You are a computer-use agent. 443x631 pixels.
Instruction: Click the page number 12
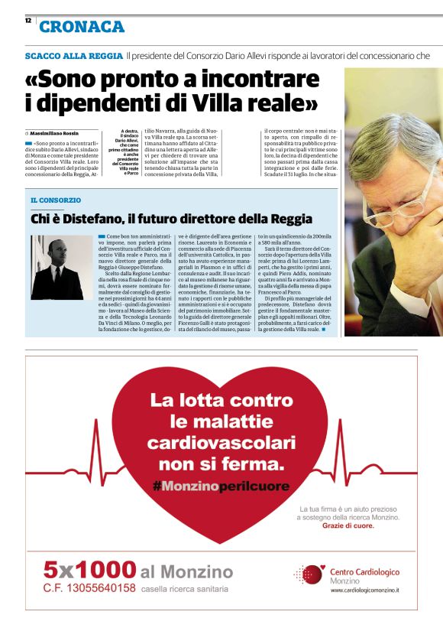28,20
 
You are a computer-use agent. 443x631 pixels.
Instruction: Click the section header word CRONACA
82,28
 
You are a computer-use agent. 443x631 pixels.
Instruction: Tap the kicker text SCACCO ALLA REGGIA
73,56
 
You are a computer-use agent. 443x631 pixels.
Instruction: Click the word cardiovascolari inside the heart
221,443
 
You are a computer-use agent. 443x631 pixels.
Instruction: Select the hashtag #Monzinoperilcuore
221,486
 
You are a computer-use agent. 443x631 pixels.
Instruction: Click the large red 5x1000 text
89,571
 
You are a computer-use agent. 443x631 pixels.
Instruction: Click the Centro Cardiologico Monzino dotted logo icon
309,575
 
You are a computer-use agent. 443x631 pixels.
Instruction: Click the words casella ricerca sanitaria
184,589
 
